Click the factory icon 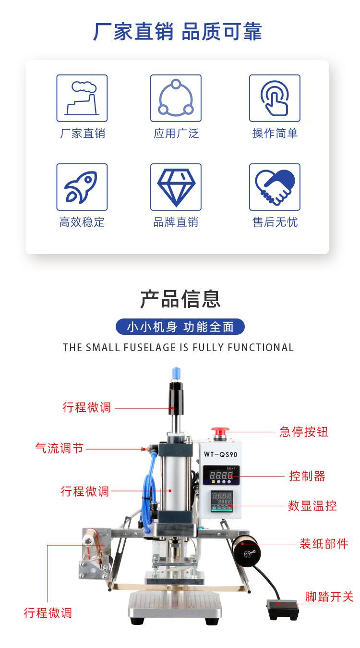point(82,98)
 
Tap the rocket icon point(82,187)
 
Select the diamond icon point(176,187)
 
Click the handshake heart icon point(275,187)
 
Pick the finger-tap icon point(275,98)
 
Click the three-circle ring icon point(176,98)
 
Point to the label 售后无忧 point(275,222)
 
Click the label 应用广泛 point(176,134)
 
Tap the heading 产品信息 point(180,299)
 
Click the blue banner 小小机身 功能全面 point(180,327)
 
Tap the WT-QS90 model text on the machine point(220,454)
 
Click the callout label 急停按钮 point(304,432)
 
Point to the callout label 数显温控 point(312,506)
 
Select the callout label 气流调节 point(59,448)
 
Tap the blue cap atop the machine point(176,374)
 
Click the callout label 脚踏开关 point(329,597)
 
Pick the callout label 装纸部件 point(324,544)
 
